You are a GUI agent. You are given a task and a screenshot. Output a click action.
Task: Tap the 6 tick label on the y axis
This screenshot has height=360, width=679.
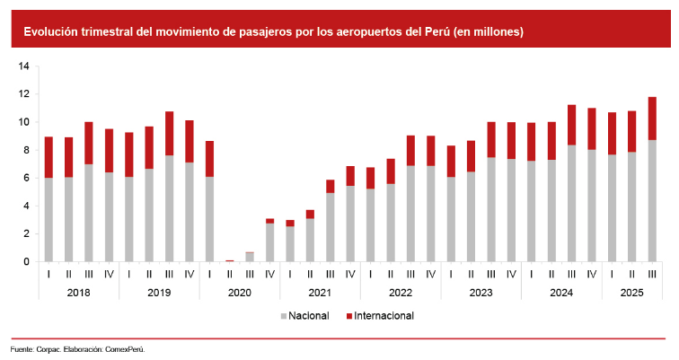25,178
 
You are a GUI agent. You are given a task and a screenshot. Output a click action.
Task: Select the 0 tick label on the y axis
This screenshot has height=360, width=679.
25,261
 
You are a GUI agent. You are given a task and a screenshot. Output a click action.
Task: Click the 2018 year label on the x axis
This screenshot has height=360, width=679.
78,292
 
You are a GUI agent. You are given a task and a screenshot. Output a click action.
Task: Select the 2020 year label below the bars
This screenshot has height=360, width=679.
239,292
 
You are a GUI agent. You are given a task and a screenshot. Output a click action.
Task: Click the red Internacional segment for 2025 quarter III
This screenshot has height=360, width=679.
652,119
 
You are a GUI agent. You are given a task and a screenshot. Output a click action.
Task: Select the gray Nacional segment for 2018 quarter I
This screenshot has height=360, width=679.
48,219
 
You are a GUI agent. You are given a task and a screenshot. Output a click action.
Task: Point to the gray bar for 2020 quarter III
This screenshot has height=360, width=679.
250,257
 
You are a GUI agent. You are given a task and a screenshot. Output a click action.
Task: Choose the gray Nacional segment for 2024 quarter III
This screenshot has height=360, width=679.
571,203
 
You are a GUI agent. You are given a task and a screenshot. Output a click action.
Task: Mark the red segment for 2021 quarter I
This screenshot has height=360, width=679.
290,223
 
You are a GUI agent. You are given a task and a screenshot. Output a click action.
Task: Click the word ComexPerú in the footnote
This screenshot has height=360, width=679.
125,348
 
